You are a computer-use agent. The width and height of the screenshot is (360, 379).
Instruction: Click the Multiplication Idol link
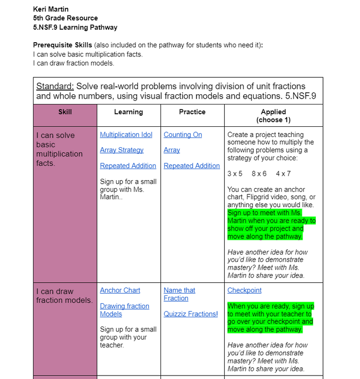click(x=126, y=135)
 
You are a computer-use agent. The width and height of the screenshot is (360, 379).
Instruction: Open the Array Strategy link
click(x=122, y=150)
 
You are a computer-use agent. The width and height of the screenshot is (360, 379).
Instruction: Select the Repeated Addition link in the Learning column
click(x=128, y=166)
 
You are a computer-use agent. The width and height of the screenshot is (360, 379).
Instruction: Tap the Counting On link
click(x=182, y=135)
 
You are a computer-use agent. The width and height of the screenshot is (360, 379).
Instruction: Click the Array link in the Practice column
click(x=172, y=150)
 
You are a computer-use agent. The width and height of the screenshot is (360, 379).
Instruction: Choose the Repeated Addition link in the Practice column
click(x=192, y=166)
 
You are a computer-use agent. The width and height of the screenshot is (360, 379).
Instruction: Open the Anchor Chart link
click(x=120, y=290)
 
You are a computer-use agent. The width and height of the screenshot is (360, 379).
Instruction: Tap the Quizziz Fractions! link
click(x=191, y=314)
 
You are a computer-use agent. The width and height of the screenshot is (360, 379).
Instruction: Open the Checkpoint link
click(x=244, y=290)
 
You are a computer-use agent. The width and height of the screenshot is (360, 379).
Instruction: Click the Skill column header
click(x=65, y=112)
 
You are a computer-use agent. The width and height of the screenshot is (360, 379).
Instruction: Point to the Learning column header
click(x=128, y=112)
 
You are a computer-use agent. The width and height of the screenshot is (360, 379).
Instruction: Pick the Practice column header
click(x=192, y=112)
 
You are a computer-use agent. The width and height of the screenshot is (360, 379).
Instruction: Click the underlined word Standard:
click(x=55, y=86)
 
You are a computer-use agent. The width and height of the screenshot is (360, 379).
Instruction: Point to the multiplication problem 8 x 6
click(x=259, y=173)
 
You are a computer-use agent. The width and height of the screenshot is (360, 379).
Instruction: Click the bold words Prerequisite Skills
click(x=62, y=45)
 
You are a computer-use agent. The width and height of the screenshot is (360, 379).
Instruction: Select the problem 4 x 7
click(x=283, y=173)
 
